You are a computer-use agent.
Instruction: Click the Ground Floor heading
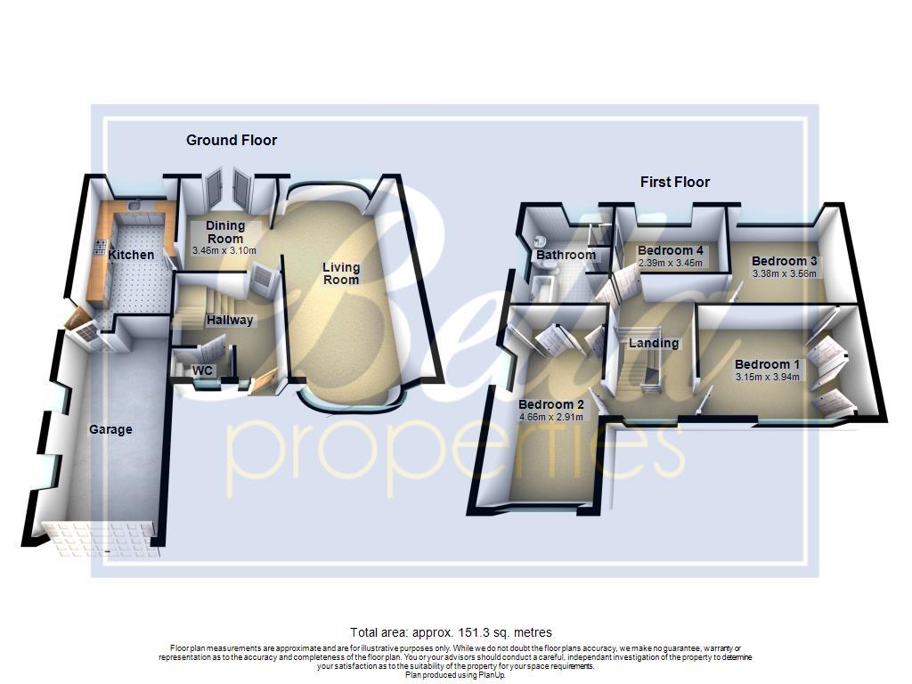[232, 140]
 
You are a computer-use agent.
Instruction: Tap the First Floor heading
[675, 182]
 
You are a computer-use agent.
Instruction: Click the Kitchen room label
[131, 255]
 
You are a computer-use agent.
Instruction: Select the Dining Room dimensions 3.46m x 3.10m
[225, 252]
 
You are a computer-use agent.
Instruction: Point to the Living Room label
[341, 273]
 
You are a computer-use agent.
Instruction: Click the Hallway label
[230, 320]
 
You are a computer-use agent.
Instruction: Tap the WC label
[203, 370]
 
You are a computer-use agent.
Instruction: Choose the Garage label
[110, 429]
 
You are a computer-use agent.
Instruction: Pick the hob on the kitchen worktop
[101, 248]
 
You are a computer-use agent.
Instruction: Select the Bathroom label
[566, 255]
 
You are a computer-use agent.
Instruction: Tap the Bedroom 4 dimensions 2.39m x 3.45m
[671, 263]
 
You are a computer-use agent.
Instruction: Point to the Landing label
[654, 343]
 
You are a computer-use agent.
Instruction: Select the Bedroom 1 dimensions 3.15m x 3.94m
[768, 377]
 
